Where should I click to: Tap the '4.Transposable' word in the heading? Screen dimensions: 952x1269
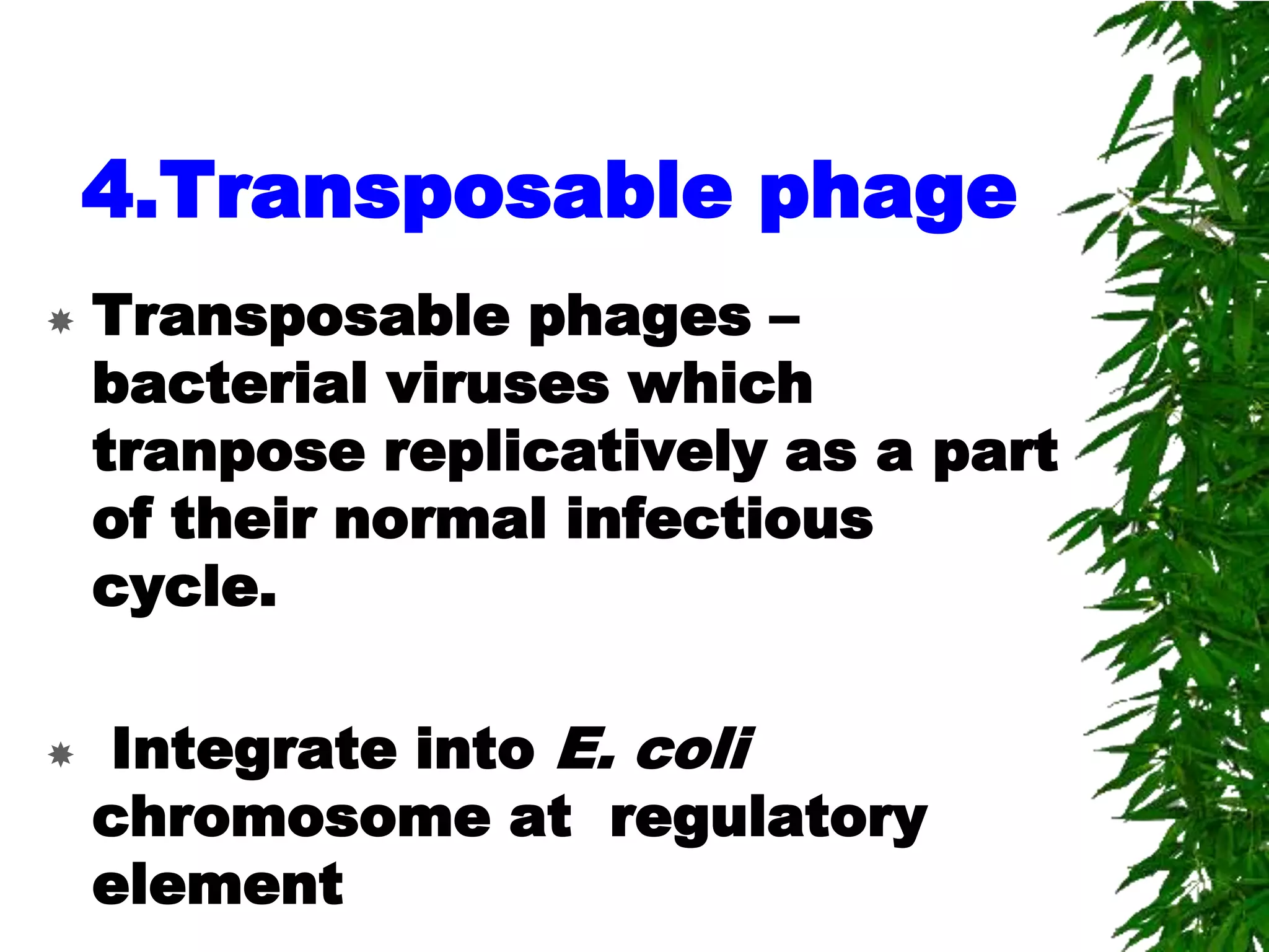pos(406,191)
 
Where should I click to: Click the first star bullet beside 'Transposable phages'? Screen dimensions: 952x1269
pos(61,322)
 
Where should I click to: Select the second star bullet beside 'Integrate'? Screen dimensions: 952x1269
pos(61,754)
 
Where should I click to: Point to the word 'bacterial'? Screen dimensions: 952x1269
pos(230,384)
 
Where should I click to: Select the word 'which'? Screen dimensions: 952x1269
pos(721,384)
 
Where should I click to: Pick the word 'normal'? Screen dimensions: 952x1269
pos(441,519)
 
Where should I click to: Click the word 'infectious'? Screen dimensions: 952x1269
pos(719,519)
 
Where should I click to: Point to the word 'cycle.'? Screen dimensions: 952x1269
pos(184,588)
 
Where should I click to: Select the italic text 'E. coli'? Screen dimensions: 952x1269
pos(654,750)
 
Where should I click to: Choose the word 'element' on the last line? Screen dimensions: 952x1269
pos(217,885)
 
